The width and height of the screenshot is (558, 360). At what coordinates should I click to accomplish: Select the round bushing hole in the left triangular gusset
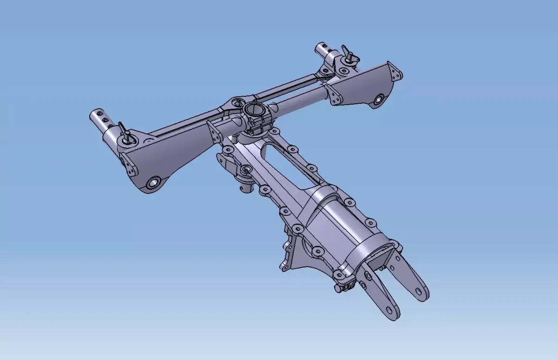pos(153,182)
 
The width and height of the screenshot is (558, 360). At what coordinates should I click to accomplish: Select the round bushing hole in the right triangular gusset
pos(379,99)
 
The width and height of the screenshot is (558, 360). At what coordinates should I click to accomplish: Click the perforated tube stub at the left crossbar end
pos(100,119)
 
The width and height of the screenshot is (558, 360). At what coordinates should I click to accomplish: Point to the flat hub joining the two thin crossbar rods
pos(236,103)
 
